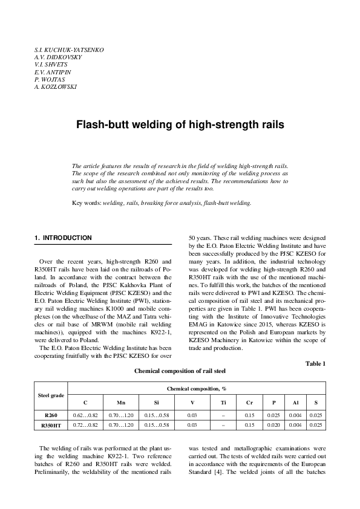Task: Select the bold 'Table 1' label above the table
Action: pyautogui.click(x=315, y=363)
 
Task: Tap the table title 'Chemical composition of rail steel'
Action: pyautogui.click(x=180, y=371)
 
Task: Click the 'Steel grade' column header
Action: pyautogui.click(x=51, y=395)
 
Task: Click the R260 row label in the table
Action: pyautogui.click(x=51, y=415)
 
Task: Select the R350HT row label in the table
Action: pyautogui.click(x=51, y=426)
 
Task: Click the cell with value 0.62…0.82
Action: pyautogui.click(x=85, y=415)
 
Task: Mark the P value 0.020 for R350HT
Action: pyautogui.click(x=273, y=426)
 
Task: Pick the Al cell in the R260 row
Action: pyautogui.click(x=295, y=415)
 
